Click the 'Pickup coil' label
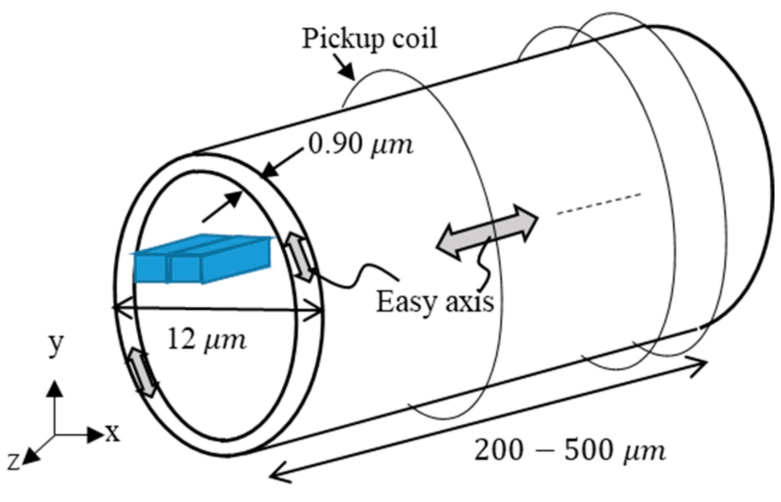(369, 38)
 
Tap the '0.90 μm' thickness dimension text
(361, 145)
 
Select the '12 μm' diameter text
(206, 340)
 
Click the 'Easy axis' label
(435, 302)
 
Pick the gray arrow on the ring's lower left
(143, 372)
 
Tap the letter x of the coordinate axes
(113, 433)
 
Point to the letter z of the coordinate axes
(14, 462)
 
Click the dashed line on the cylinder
(599, 204)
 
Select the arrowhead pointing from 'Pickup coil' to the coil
(346, 72)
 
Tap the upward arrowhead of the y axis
(55, 389)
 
